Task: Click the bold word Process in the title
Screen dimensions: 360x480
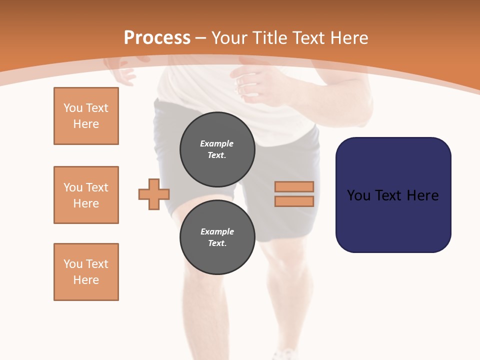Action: point(157,38)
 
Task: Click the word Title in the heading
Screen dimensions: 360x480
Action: point(269,38)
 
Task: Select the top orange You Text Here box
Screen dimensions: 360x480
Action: point(86,116)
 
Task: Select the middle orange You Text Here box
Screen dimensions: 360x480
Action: point(86,195)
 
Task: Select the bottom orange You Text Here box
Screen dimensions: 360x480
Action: point(86,272)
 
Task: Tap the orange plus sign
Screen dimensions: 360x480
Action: point(154,194)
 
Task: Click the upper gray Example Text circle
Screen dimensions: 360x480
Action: point(217,149)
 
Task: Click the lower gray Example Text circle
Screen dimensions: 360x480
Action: point(217,237)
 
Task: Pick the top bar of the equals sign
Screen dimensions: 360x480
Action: point(294,187)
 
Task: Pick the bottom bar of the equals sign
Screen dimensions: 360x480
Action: point(294,201)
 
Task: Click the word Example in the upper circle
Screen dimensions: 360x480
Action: point(217,143)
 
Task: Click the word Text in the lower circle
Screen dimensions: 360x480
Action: point(217,243)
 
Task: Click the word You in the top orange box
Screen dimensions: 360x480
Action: point(73,108)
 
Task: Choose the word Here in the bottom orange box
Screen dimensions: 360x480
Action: point(86,280)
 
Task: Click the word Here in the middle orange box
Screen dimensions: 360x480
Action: point(86,203)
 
